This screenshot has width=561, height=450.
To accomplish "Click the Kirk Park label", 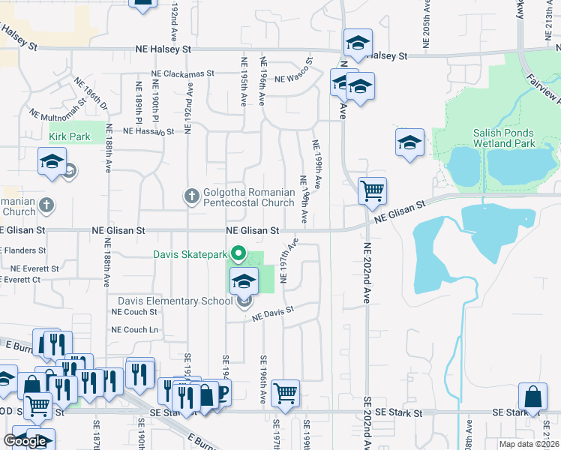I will click(69, 137).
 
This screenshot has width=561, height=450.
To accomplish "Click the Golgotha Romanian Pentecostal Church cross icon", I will click(191, 196).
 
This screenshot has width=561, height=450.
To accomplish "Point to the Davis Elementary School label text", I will click(175, 301).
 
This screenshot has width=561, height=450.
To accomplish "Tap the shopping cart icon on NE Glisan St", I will click(372, 190).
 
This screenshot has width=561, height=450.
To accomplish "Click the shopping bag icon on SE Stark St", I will click(532, 397).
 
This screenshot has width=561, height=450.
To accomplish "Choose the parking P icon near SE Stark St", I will click(221, 391).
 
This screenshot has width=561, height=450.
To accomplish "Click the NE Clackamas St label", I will click(182, 74).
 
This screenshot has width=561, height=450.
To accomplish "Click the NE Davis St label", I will click(273, 313).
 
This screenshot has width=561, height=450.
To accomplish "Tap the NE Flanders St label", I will click(22, 250).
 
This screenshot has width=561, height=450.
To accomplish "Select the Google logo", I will click(25, 441).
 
